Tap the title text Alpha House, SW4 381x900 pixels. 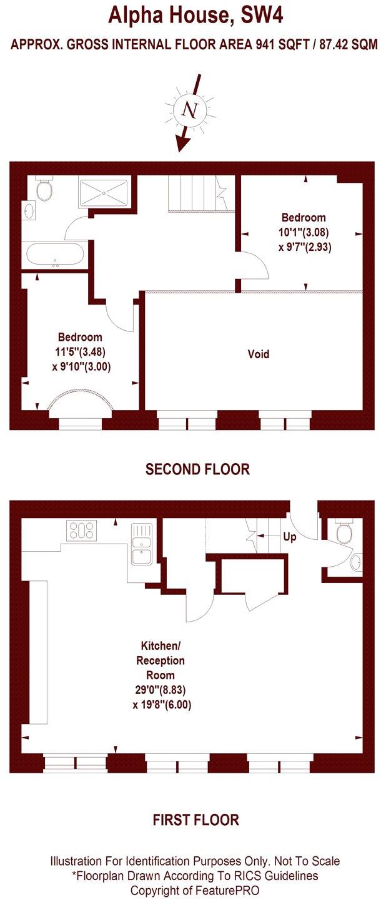195,14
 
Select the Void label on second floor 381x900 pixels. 259,355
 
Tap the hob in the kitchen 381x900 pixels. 81,531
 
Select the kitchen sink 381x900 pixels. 140,544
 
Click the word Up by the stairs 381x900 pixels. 290,537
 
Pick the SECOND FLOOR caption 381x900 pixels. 197,469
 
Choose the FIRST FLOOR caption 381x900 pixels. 195,819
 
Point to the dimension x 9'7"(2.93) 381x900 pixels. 304,247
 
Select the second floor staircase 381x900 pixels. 193,193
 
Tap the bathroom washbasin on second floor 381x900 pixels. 27,210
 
